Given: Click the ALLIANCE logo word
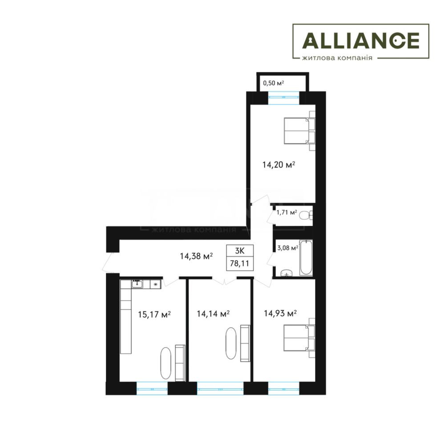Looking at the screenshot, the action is pyautogui.click(x=361, y=40).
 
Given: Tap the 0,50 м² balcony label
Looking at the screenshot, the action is pyautogui.click(x=274, y=83).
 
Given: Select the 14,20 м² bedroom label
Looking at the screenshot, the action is pyautogui.click(x=279, y=165).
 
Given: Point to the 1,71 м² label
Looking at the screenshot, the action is pyautogui.click(x=287, y=212).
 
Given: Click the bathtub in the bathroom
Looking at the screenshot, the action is pyautogui.click(x=306, y=257).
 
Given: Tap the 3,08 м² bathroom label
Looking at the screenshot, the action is pyautogui.click(x=288, y=248).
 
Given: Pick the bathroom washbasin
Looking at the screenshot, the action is pyautogui.click(x=287, y=273).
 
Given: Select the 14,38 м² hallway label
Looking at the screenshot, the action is pyautogui.click(x=196, y=256).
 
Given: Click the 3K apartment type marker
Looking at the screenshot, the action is pyautogui.click(x=240, y=251).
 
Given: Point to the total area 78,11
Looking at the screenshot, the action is pyautogui.click(x=239, y=264).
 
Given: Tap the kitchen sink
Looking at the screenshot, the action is pyautogui.click(x=137, y=284).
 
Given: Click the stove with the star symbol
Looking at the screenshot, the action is pyautogui.click(x=155, y=284).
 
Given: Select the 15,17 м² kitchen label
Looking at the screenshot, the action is pyautogui.click(x=154, y=314).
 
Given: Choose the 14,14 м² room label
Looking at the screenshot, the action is pyautogui.click(x=213, y=313).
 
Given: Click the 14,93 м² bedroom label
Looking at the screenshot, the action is pyautogui.click(x=280, y=313).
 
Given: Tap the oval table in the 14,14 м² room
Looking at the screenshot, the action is pyautogui.click(x=231, y=343).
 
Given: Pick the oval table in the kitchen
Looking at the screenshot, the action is pyautogui.click(x=166, y=363).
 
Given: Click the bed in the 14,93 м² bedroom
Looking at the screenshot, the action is pyautogui.click(x=299, y=338).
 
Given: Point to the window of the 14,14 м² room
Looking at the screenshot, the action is pyautogui.click(x=220, y=389).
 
